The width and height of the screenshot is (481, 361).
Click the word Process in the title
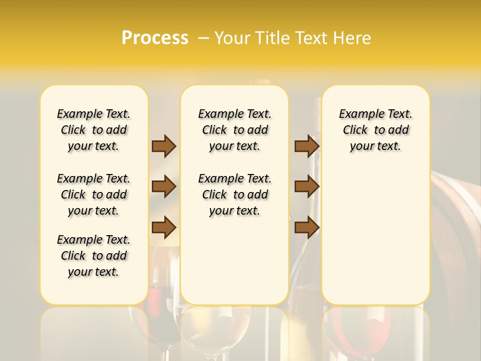[155, 38]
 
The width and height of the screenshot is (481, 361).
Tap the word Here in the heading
[353, 38]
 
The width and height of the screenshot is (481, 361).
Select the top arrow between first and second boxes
[164, 146]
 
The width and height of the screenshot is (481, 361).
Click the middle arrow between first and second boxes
[164, 187]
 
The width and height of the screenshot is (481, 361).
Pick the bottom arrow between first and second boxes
[164, 228]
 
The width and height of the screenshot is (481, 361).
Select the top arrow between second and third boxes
[307, 146]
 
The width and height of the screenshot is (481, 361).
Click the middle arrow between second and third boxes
[307, 187]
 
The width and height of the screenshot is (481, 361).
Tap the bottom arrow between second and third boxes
[307, 228]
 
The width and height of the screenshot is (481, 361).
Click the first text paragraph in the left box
[94, 130]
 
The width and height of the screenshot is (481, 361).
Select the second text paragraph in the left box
[94, 195]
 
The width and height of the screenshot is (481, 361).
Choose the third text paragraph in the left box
[94, 256]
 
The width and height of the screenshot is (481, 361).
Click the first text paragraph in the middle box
[234, 130]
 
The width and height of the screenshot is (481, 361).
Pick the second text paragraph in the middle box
[234, 195]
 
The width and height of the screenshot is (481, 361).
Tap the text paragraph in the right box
[375, 130]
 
